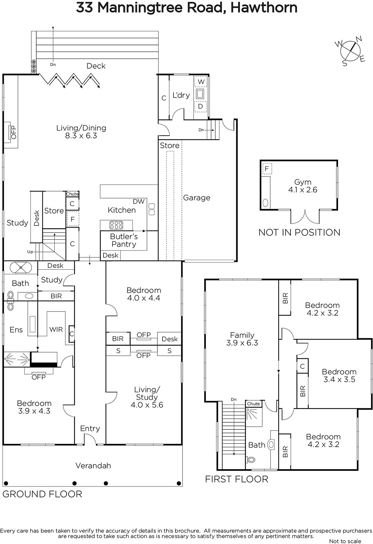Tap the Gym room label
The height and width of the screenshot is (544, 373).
coord(302,182)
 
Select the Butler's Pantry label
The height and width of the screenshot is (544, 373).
coord(124,240)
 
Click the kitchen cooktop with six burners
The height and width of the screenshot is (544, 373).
coord(116,225)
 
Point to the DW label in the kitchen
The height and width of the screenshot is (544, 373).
coord(138,201)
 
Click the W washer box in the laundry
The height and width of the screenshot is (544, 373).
coord(201,82)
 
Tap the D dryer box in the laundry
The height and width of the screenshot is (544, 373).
coord(201,106)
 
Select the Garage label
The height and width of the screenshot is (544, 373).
coord(197,198)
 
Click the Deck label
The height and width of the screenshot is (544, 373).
coord(96,66)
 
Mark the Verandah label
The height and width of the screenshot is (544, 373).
coord(93,465)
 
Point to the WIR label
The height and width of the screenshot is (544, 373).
coord(56,329)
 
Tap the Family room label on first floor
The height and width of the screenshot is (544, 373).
coord(242,335)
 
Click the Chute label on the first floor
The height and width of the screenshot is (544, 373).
coord(254,404)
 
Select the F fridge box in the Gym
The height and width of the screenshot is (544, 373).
coord(267,169)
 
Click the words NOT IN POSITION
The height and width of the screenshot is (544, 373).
coord(299,233)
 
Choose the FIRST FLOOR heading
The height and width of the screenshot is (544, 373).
coord(237,479)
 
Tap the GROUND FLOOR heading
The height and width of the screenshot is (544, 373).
coord(42,494)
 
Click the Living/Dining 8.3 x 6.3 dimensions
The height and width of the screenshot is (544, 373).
coord(81,136)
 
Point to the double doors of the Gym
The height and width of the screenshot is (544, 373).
coord(305,217)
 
